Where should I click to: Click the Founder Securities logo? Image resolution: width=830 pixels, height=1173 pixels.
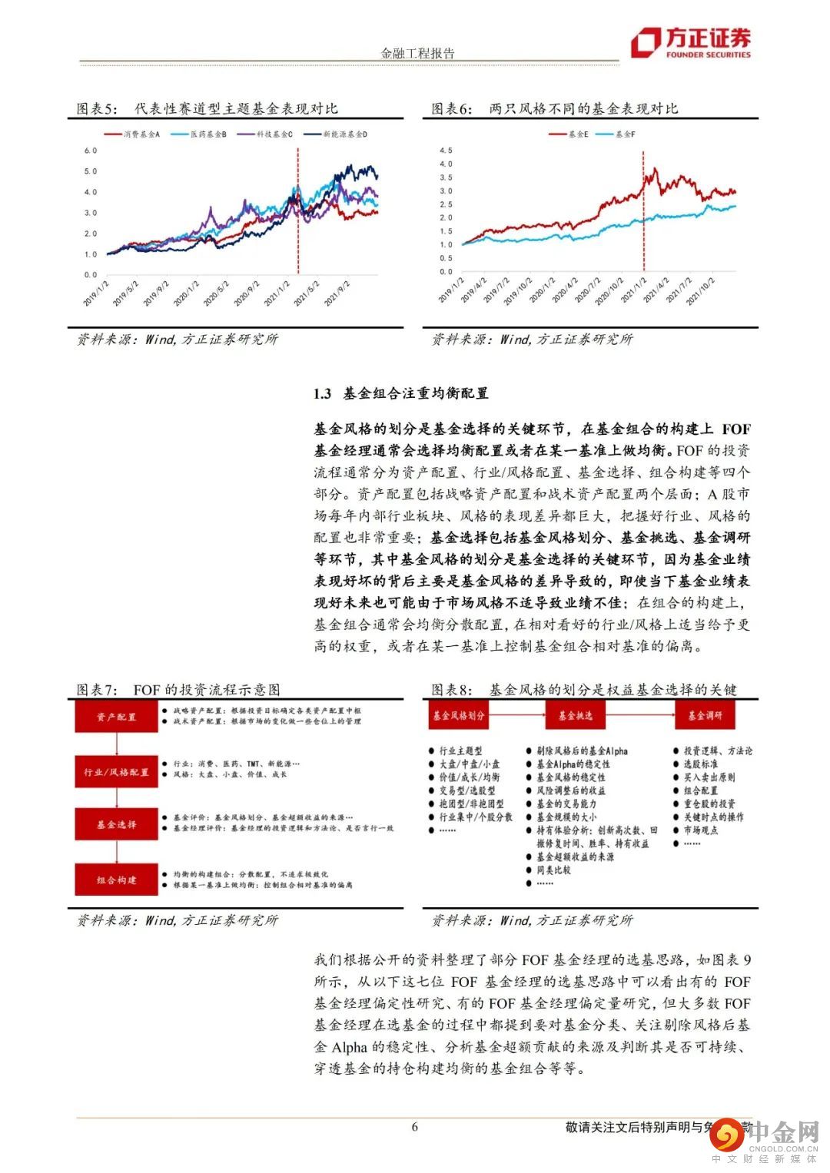690,43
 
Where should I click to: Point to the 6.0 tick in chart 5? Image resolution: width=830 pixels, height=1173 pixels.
91,151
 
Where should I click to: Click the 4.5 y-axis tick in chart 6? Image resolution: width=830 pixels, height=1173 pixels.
446,151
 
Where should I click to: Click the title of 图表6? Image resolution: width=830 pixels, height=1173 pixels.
554,109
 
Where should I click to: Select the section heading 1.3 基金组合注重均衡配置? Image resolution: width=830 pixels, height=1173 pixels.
400,393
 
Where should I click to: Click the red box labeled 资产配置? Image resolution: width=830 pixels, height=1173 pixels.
116,717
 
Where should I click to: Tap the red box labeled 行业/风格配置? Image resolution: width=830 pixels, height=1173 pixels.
116,772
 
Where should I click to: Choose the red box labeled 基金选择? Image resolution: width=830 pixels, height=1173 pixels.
116,824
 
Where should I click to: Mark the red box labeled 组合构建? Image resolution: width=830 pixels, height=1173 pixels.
116,880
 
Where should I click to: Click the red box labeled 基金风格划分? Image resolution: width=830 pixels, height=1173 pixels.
459,715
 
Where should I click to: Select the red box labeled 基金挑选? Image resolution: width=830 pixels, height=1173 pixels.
576,715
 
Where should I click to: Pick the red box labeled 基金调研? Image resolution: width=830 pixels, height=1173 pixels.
705,715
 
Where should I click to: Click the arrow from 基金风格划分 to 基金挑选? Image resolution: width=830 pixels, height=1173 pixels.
517,715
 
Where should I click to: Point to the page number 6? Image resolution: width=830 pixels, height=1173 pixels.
415,1127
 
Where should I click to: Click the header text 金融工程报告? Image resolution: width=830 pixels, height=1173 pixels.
418,53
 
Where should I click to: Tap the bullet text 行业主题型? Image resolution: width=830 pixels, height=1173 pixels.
460,751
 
